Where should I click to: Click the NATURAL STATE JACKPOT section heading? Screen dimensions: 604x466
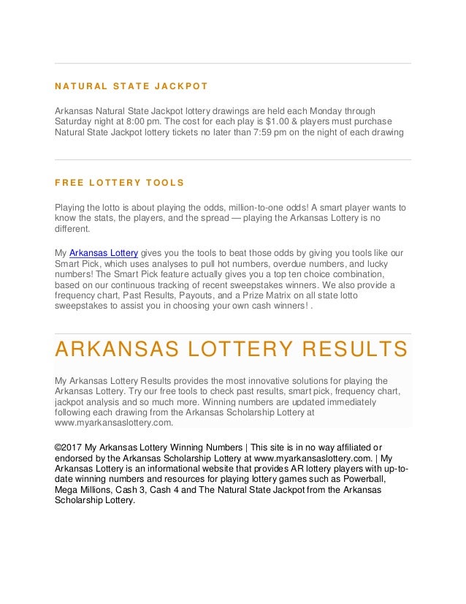(x=131, y=86)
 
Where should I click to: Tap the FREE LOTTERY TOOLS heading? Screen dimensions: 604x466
(x=120, y=183)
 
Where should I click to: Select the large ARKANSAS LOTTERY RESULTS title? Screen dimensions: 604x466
(x=231, y=350)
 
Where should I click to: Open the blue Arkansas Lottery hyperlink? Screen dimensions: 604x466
(x=103, y=252)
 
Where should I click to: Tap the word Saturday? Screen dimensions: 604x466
(x=75, y=121)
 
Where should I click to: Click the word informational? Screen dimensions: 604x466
(x=168, y=469)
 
